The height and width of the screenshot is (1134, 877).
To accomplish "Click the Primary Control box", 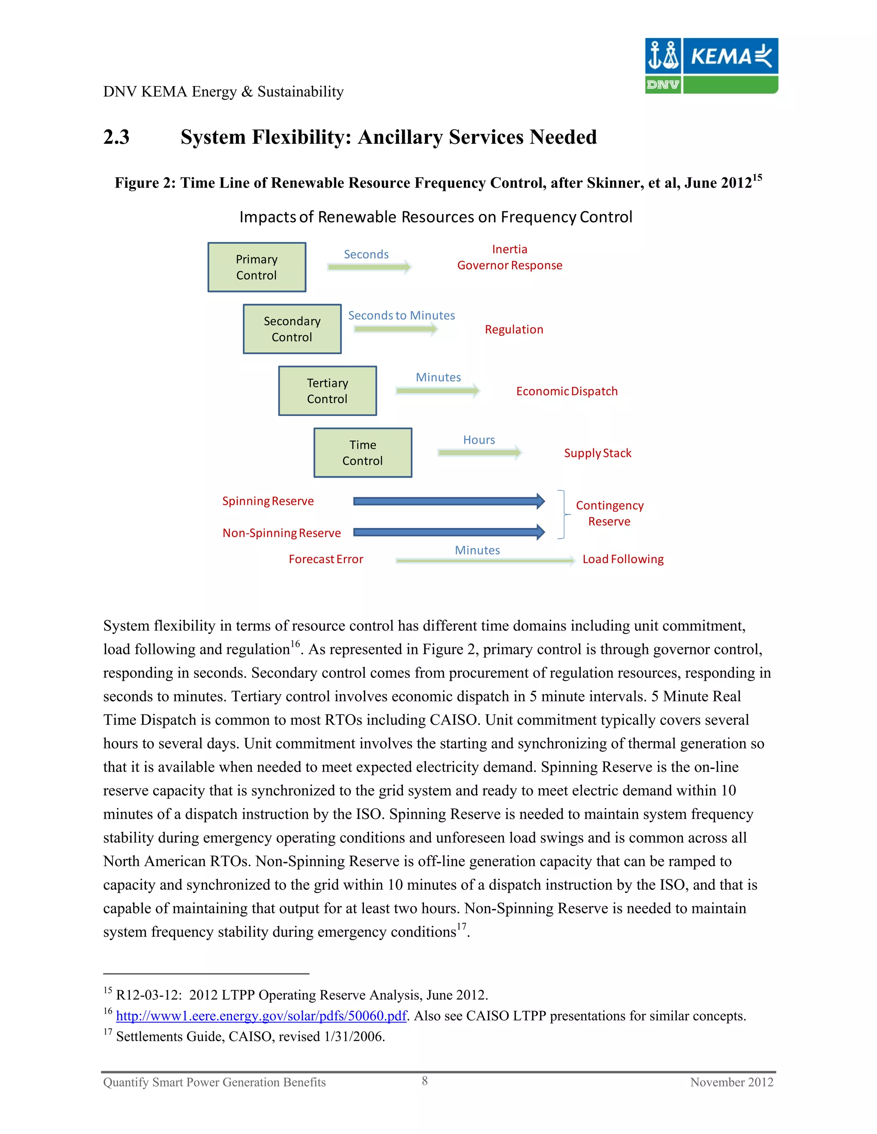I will point(257,267).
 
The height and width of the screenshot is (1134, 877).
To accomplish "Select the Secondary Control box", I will point(292,329).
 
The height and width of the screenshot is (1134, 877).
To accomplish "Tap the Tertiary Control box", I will point(327,390).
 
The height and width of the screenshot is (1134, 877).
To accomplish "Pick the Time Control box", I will point(363,452).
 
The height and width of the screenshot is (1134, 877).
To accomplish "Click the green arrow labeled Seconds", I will point(369,267).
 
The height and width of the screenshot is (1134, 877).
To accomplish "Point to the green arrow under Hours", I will point(479,453).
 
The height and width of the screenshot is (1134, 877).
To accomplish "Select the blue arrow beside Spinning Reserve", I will point(449,501).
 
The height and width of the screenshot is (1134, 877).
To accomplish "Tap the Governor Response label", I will point(509,265).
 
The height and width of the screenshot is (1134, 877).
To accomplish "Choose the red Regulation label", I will point(514,329).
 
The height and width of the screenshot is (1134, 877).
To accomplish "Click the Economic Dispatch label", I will point(567,391).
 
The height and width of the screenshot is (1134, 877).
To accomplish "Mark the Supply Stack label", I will point(597,453).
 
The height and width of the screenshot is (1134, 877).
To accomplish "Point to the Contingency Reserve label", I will point(609,513).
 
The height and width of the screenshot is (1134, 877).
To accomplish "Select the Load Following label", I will point(623,559).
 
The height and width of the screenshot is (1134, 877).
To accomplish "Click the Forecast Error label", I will point(326,559).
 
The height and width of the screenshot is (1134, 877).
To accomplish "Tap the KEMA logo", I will point(711,65).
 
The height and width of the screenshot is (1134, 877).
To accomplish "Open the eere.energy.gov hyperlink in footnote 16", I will point(261,1015).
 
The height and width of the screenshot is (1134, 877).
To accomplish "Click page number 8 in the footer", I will point(424,1081).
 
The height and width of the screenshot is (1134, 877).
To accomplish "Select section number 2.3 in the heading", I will point(116,137).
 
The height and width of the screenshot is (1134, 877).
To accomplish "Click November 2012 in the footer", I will point(731,1082).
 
